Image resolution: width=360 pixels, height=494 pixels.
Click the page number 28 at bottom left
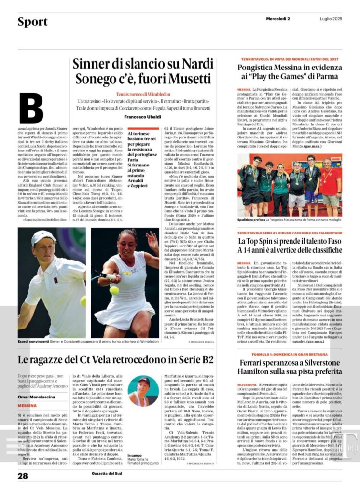[x=23, y=476]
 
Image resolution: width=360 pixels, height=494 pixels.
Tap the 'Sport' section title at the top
[x=33, y=22]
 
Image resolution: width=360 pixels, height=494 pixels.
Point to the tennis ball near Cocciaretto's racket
[x=114, y=290]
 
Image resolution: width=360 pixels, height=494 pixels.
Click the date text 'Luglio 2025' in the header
[x=331, y=19]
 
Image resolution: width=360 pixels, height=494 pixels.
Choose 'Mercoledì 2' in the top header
[x=278, y=19]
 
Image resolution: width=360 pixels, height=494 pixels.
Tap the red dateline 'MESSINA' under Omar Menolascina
[x=27, y=406]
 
